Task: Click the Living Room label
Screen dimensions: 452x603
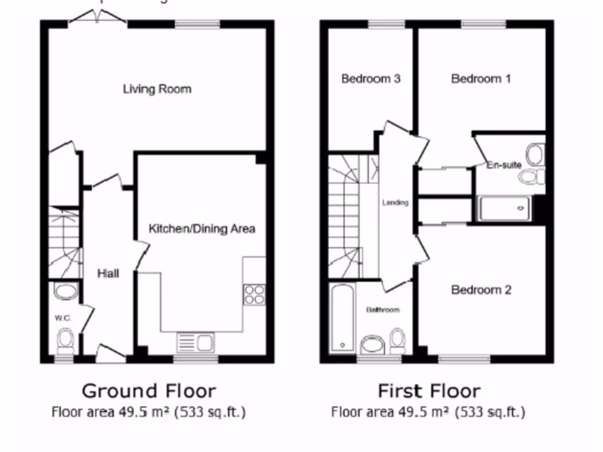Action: point(157,89)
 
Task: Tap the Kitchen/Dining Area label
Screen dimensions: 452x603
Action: point(202,229)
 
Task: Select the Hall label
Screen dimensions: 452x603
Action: point(108,274)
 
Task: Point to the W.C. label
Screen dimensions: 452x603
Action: point(63,318)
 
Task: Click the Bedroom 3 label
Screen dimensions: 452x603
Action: point(371,78)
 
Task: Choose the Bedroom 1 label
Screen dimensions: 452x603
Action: point(481,78)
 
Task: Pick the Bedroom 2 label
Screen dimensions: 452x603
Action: point(481,290)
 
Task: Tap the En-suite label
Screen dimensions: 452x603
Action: point(504,165)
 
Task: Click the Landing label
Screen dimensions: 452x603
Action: point(395,203)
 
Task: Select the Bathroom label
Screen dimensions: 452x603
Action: point(383,310)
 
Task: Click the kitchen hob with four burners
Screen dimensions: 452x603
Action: point(254,294)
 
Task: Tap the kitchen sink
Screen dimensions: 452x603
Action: point(196,343)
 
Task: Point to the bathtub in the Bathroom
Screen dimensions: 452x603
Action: point(342,318)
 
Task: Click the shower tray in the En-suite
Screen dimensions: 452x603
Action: point(504,208)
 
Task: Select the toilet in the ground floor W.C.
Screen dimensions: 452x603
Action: point(65,340)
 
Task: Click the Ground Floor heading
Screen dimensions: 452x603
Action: point(148,391)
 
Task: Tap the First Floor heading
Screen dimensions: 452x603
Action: point(429,391)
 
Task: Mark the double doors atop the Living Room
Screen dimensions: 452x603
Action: point(97,19)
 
